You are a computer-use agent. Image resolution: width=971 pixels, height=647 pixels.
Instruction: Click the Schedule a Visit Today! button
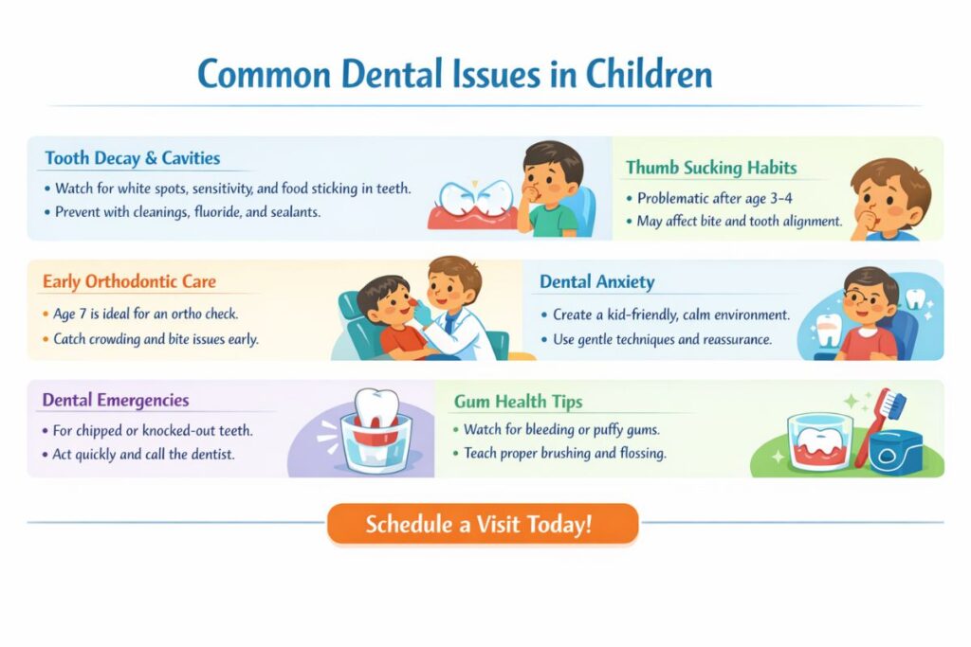tap(483, 524)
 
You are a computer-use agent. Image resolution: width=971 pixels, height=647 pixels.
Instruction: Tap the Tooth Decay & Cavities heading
tap(133, 158)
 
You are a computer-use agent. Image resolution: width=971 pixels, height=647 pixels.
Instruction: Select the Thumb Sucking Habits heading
tap(711, 168)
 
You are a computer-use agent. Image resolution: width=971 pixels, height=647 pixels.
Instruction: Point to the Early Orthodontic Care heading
tap(129, 281)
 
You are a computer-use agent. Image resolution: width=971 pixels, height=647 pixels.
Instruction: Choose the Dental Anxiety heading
tap(597, 282)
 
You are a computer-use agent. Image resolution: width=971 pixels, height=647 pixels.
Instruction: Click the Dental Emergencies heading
tap(115, 400)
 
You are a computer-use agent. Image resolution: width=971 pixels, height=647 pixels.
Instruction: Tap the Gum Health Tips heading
tap(519, 402)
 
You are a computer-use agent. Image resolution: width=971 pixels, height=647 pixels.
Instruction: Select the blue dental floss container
tap(895, 452)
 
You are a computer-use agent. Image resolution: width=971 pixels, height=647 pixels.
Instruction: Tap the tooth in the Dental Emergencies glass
tap(377, 409)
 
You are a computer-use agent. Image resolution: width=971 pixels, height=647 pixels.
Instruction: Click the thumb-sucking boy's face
tap(886, 201)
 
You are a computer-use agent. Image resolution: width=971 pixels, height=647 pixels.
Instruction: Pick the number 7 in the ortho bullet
tap(82, 314)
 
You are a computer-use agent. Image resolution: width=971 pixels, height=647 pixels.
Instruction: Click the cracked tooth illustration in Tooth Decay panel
tap(476, 198)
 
